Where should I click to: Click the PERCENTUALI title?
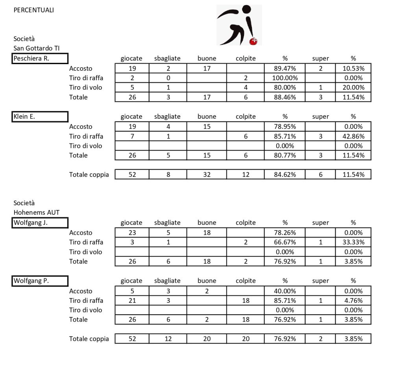click(x=33, y=10)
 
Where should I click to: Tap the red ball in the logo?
click(x=253, y=41)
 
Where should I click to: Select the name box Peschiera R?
click(x=40, y=59)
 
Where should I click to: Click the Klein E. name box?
click(x=40, y=117)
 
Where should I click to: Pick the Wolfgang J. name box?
click(x=40, y=223)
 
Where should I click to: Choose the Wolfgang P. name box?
click(x=40, y=281)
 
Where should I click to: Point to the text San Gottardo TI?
click(x=36, y=48)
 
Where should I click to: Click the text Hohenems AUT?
click(x=36, y=212)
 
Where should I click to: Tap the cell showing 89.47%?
click(x=285, y=68)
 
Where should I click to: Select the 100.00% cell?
click(x=285, y=78)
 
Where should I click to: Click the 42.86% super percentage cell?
click(x=353, y=136)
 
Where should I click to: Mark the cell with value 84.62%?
click(x=285, y=175)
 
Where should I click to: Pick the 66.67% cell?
click(x=285, y=242)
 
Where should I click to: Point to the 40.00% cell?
click(x=285, y=291)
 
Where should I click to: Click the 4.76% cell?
click(x=353, y=300)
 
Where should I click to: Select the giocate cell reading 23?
click(x=132, y=233)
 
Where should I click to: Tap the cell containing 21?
click(x=132, y=300)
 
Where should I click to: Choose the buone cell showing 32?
click(x=207, y=175)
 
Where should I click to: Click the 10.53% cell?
click(x=353, y=68)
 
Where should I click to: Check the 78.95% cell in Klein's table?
click(x=285, y=127)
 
